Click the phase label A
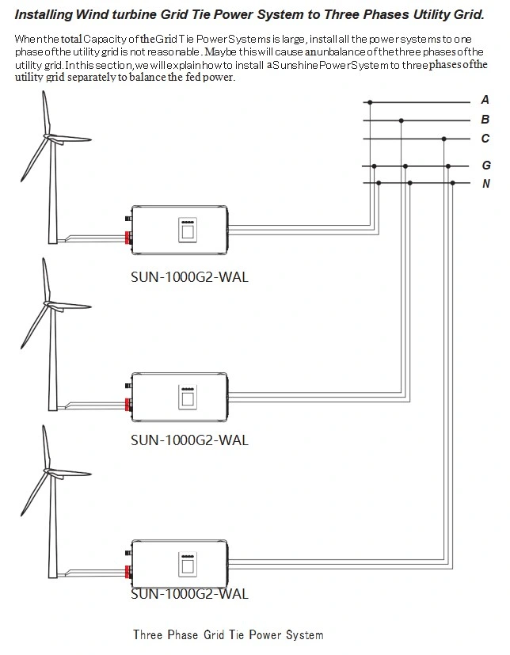click(x=485, y=100)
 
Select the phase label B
click(x=485, y=120)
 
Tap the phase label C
click(x=485, y=139)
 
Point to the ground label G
click(x=486, y=166)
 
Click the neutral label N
click(x=486, y=184)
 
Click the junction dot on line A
click(x=370, y=102)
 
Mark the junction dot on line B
click(x=401, y=120)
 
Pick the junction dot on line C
click(x=443, y=139)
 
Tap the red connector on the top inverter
click(x=127, y=238)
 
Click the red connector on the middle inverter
click(x=127, y=405)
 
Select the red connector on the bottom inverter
click(x=127, y=572)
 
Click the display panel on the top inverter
click(x=188, y=230)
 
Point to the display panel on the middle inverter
click(x=188, y=397)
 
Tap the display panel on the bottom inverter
click(x=188, y=564)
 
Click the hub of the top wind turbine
click(x=49, y=137)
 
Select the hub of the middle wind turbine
click(x=49, y=304)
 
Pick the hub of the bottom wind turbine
click(x=49, y=471)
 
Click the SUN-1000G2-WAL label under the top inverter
click(x=189, y=277)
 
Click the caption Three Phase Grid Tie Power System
click(x=228, y=635)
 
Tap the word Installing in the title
click(x=44, y=15)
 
